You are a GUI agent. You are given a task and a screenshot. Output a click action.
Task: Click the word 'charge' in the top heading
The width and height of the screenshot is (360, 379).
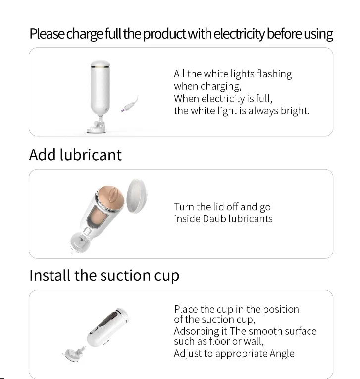pyautogui.click(x=84, y=34)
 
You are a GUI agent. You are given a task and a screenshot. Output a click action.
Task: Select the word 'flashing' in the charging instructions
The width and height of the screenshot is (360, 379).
pyautogui.click(x=274, y=74)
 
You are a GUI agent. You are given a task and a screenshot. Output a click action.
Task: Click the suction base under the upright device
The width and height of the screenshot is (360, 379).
pyautogui.click(x=99, y=128)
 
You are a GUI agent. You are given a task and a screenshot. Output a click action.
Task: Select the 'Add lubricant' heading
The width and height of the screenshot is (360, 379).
pyautogui.click(x=75, y=155)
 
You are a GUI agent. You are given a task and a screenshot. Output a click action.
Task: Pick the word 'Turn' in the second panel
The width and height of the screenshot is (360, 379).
pyautogui.click(x=184, y=207)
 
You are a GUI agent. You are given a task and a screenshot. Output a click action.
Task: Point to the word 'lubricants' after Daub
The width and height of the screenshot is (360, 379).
pyautogui.click(x=250, y=218)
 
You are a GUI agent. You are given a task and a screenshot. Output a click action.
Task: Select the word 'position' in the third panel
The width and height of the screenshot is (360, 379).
pyautogui.click(x=281, y=309)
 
